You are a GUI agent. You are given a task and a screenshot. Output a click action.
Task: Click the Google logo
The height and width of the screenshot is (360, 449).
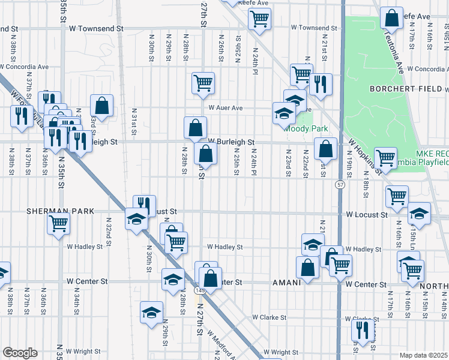coord(19,353)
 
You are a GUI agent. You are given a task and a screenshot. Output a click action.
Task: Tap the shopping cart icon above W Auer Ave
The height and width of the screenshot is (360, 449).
coord(203,83)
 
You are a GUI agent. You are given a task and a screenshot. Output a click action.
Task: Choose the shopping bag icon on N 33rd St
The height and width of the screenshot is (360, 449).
coord(102,105)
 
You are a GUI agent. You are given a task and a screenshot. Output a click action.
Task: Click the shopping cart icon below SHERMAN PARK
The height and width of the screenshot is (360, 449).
coord(59,223)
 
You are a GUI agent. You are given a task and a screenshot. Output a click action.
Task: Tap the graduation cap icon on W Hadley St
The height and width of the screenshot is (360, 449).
coord(313,244)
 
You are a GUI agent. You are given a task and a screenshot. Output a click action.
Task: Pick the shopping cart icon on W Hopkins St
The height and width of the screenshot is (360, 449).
coord(385,158)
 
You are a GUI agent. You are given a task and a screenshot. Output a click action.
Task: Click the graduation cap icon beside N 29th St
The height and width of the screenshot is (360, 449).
coord(152,311)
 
